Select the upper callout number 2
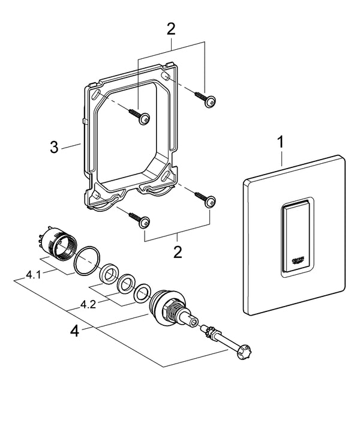click(171, 28)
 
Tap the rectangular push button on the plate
click(295, 236)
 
